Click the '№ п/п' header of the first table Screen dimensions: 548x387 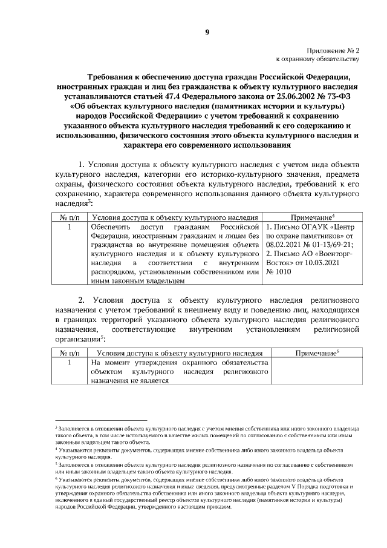point(70,216)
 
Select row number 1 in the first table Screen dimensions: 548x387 point(70,227)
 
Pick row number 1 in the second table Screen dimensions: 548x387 point(70,362)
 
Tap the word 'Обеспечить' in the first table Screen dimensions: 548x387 point(109,227)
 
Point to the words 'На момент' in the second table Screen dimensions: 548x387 point(108,362)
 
